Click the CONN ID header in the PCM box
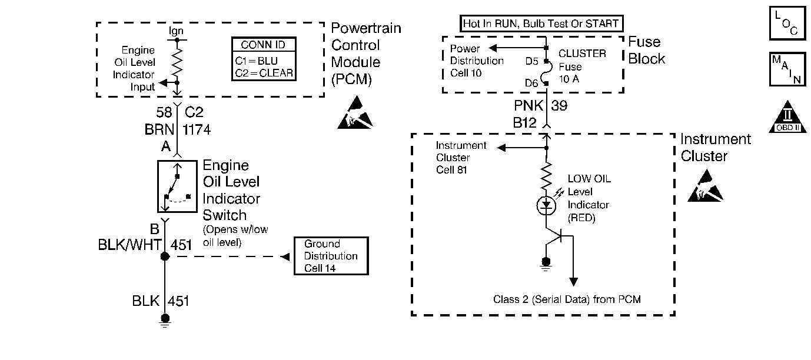point(263,45)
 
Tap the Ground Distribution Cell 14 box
point(331,256)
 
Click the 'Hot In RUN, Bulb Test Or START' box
point(541,24)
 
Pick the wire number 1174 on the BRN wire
point(197,129)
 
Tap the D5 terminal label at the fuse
point(532,60)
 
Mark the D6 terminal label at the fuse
point(532,84)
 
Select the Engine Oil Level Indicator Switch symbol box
point(177,186)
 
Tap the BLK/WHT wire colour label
point(129,245)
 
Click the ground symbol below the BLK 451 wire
point(165,319)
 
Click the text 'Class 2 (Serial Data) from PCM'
point(567,299)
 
